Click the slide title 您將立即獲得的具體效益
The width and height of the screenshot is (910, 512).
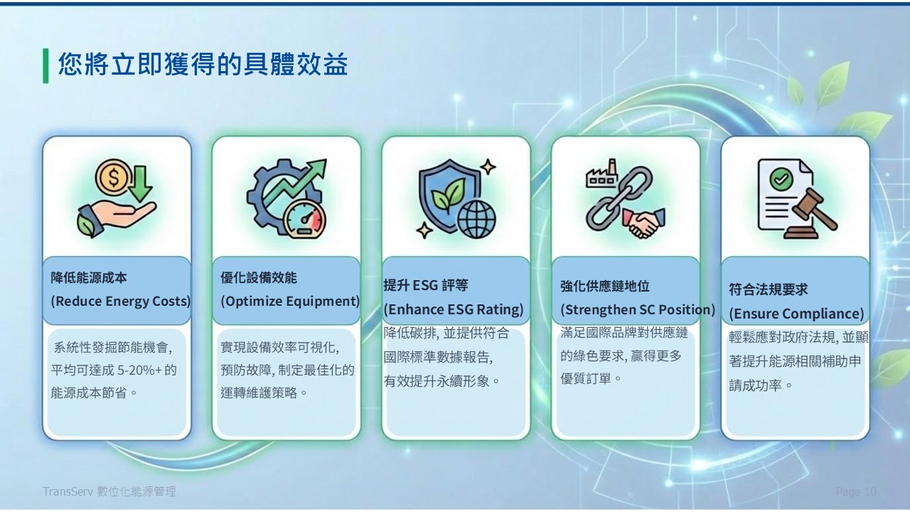point(203,65)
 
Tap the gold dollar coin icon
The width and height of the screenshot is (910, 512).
point(113,177)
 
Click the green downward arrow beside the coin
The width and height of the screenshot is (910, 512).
point(141,183)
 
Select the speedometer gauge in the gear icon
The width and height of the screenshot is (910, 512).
point(304,218)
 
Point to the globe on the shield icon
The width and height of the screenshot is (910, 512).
point(476,220)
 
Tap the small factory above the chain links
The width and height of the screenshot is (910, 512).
point(601,174)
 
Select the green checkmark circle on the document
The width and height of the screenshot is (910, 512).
point(781,179)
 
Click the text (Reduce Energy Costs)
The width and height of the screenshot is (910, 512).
point(121,301)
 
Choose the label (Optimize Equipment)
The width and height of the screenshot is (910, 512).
point(290,301)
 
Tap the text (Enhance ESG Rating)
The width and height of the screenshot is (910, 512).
point(454,309)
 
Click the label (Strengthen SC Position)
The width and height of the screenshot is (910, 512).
point(638,309)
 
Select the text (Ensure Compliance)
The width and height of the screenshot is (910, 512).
point(796,314)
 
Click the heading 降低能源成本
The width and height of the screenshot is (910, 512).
point(89,278)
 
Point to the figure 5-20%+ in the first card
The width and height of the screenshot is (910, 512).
point(140,370)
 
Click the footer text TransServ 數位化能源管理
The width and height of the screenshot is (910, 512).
point(109,491)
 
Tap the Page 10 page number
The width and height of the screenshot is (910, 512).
point(856,491)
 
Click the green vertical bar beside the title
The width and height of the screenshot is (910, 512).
point(45,66)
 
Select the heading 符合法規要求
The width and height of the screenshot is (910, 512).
point(768,289)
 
